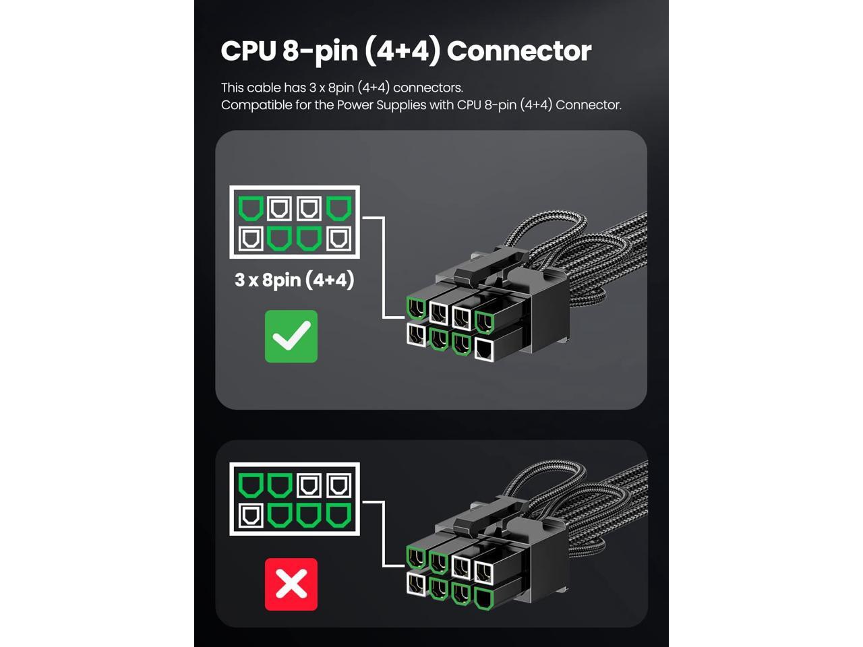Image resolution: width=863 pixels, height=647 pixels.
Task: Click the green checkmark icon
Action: [291, 336]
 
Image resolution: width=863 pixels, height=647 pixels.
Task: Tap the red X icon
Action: [291, 584]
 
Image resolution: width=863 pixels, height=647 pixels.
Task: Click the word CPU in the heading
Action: [248, 51]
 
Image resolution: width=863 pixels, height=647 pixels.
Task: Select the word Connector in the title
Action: [518, 51]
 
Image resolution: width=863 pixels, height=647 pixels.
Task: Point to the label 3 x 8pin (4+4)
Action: [295, 280]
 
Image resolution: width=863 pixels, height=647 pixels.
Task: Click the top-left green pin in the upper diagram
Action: [251, 208]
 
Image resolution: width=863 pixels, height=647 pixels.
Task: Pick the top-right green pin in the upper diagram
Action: [338, 208]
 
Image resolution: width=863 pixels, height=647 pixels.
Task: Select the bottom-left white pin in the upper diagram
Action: [251, 238]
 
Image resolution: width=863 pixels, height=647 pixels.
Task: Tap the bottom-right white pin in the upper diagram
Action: [338, 238]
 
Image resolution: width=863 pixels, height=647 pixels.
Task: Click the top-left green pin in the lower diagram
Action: [251, 485]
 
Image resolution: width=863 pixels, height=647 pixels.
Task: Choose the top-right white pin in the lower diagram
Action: [338, 485]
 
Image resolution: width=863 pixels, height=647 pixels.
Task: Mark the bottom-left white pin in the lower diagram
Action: [251, 516]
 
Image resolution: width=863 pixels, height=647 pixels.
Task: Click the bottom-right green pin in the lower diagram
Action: [338, 516]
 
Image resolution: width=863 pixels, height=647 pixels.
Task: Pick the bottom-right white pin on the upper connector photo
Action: [485, 349]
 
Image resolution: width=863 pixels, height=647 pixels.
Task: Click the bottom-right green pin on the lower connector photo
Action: [483, 598]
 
